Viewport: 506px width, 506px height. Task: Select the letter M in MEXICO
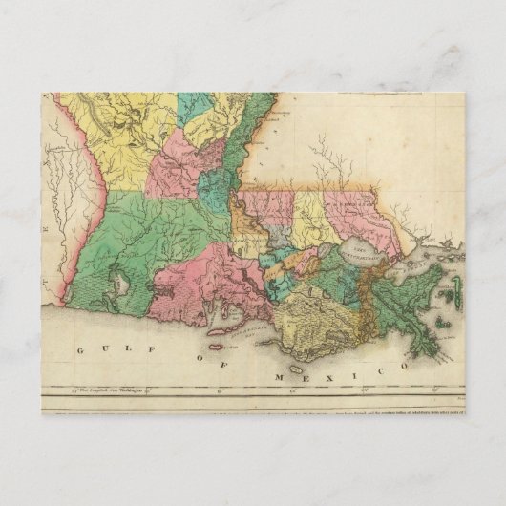(278, 378)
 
